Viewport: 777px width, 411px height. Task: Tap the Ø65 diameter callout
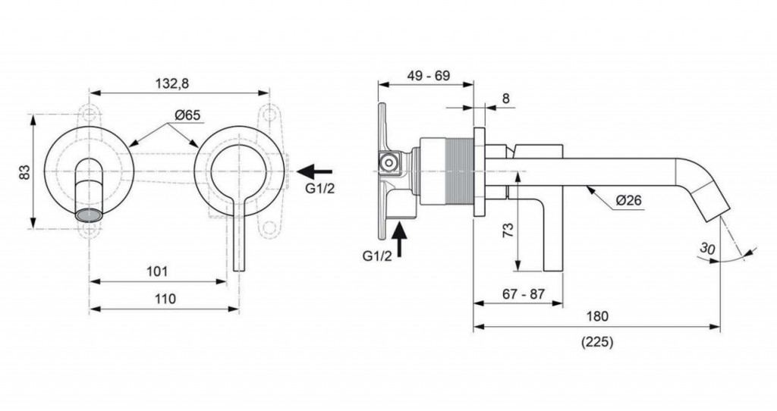click(187, 115)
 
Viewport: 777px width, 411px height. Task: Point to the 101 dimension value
click(158, 271)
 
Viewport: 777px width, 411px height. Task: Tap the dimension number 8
click(506, 98)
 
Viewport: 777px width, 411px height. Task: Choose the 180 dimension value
click(597, 316)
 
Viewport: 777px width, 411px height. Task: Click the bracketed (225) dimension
click(597, 342)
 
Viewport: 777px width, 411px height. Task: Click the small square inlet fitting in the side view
click(389, 161)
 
